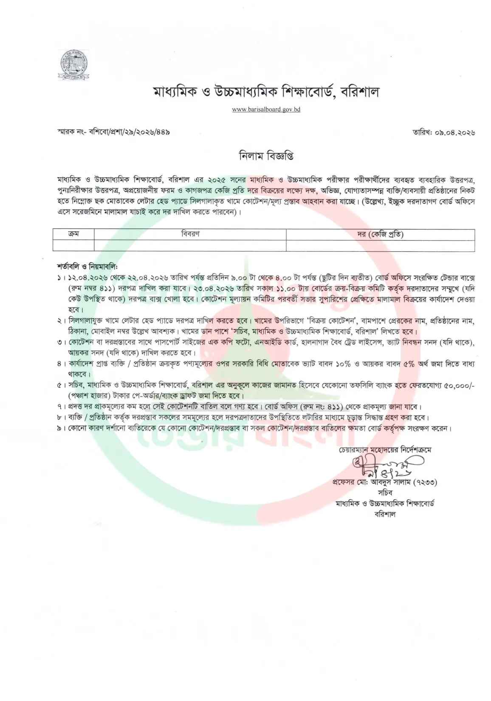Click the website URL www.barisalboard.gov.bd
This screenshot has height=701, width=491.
point(266,109)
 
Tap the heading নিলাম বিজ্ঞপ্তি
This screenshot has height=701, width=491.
point(266,156)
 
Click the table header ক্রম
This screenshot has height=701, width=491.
point(73,234)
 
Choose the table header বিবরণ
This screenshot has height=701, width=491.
point(190,234)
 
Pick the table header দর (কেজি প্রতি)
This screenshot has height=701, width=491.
point(380,234)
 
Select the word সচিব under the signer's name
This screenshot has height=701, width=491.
point(385,493)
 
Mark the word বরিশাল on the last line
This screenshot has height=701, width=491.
point(385,514)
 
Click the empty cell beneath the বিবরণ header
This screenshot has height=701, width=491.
point(190,245)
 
